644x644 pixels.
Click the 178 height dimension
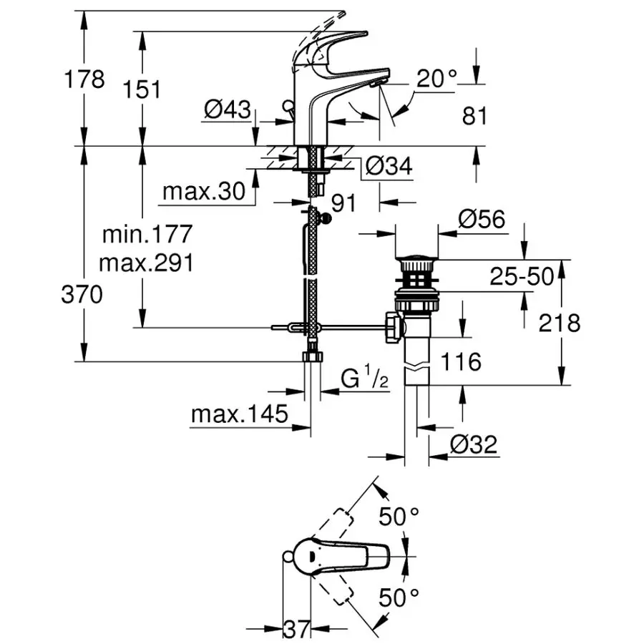pos(84,79)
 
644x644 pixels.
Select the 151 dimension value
pos(141,89)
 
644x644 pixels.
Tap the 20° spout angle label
pos(436,80)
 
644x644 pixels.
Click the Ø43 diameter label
pos(227,110)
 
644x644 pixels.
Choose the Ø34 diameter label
pos(389,167)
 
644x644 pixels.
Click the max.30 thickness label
pos(203,192)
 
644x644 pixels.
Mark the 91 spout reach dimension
pos(343,204)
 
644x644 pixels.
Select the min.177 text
pos(147,234)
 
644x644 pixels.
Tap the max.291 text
pos(146,263)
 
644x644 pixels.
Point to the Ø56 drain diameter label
pos(481,220)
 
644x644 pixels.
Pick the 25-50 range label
pos(522,276)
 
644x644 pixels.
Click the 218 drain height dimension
pos(560,323)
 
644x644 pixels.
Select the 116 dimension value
pos(461,362)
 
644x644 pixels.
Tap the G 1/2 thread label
pos(364,380)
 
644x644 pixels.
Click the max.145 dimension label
pos(239,414)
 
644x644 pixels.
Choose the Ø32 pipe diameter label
pos(473,444)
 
